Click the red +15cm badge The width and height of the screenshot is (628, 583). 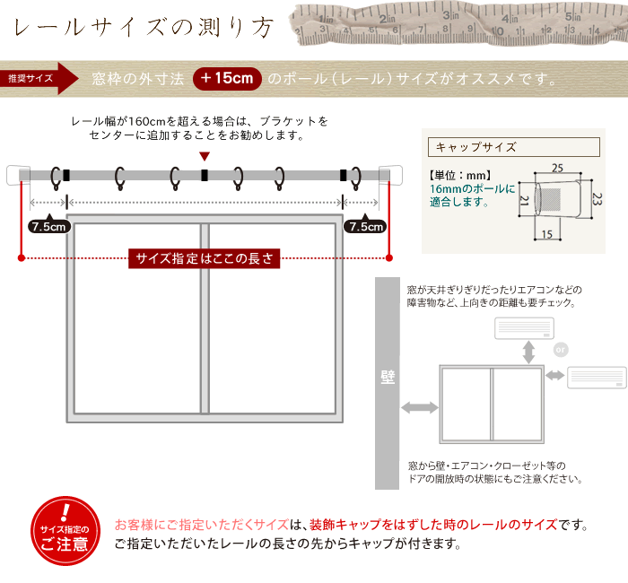pyautogui.click(x=227, y=79)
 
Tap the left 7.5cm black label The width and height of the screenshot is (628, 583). pyautogui.click(x=49, y=227)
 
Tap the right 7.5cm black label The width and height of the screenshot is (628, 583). pyautogui.click(x=365, y=227)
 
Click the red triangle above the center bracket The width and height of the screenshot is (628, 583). pyautogui.click(x=205, y=156)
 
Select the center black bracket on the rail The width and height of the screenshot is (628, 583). pyautogui.click(x=205, y=176)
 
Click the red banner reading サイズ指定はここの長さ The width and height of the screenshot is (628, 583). pyautogui.click(x=205, y=258)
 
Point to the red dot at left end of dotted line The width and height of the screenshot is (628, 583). pyautogui.click(x=22, y=258)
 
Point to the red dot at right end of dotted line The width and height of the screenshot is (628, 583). pyautogui.click(x=388, y=258)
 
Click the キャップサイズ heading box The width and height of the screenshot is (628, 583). pyautogui.click(x=514, y=147)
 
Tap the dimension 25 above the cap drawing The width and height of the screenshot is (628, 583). pyautogui.click(x=557, y=168)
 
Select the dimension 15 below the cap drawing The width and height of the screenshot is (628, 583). pyautogui.click(x=547, y=234)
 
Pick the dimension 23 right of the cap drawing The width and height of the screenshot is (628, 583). pyautogui.click(x=597, y=199)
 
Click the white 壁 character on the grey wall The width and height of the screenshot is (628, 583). pyautogui.click(x=388, y=378)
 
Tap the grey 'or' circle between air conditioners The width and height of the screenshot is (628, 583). pyautogui.click(x=561, y=350)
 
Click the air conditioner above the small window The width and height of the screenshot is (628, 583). pyautogui.click(x=524, y=328)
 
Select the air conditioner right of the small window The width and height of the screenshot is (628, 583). pyautogui.click(x=597, y=378)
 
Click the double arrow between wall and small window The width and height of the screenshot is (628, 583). pyautogui.click(x=420, y=407)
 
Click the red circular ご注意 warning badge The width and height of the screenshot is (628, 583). pyautogui.click(x=65, y=531)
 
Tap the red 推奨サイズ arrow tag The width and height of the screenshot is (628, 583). pyautogui.click(x=39, y=79)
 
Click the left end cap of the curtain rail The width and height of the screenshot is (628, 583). pyautogui.click(x=19, y=175)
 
